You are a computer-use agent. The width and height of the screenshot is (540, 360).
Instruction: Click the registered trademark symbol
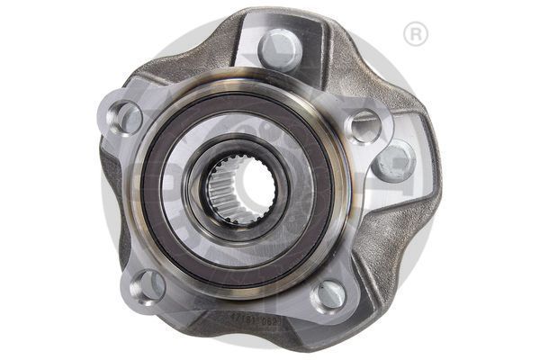pos(416,35)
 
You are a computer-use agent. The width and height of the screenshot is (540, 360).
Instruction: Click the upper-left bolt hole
pos(126,116)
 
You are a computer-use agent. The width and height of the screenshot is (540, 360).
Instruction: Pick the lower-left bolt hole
pos(146,286)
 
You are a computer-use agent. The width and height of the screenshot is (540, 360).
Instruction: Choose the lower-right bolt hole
pos(330,293)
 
